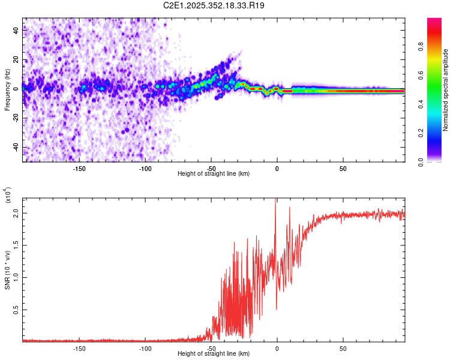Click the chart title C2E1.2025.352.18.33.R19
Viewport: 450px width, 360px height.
(214, 5)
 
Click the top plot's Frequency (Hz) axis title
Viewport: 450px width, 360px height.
(7, 90)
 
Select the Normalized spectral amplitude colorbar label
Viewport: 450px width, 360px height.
(446, 90)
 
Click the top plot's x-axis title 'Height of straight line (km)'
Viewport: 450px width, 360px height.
(214, 173)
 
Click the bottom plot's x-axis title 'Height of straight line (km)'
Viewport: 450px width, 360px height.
(214, 353)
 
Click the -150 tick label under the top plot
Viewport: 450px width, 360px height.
(79, 169)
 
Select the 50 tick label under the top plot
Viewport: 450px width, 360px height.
(342, 169)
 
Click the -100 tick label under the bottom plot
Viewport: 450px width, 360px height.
(145, 348)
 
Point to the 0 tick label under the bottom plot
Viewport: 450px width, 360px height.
(277, 348)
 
